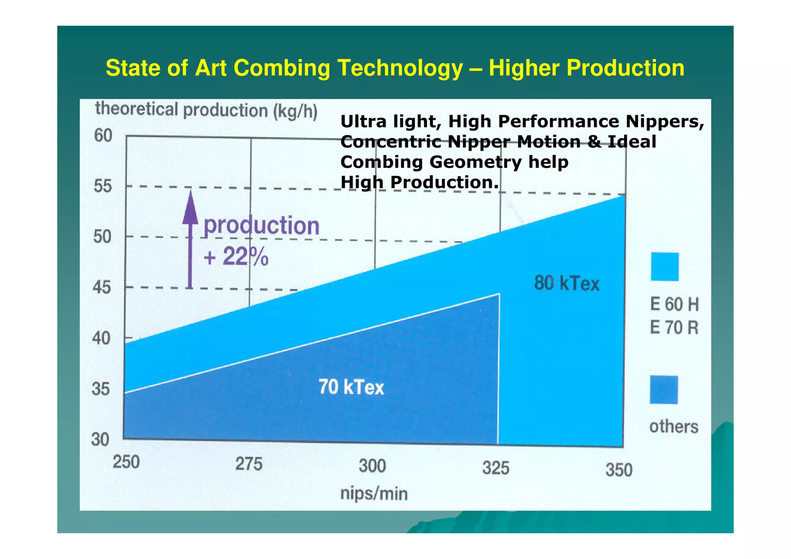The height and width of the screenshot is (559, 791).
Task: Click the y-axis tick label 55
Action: pos(102,187)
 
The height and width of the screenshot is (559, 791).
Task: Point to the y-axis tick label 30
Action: pos(100,440)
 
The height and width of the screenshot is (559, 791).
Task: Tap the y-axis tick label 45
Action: pos(102,288)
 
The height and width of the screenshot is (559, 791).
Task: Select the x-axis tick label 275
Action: pos(249,464)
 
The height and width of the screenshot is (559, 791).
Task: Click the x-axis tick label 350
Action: pos(619,470)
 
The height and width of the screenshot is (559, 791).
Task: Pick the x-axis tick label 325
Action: pos(496,469)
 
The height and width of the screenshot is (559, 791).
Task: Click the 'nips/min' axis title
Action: pos(373,494)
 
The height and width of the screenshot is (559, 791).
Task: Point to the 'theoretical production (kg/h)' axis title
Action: pos(206,110)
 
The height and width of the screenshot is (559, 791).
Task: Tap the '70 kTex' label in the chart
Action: pos(351,387)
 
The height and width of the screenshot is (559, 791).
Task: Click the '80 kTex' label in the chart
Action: pos(567,284)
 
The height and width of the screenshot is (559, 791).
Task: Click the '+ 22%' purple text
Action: pos(236,257)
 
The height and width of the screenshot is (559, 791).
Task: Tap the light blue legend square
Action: pos(664,267)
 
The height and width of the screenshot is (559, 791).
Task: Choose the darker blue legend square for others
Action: pos(664,390)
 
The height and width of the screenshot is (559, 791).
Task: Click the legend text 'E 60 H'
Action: pos(674,304)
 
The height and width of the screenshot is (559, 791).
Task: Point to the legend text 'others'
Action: pos(674,427)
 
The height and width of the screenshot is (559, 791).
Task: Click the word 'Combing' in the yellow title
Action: pos(282,68)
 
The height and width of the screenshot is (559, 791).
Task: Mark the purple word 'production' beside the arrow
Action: pos(261,226)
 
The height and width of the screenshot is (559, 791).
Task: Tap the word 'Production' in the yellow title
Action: pos(586,68)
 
